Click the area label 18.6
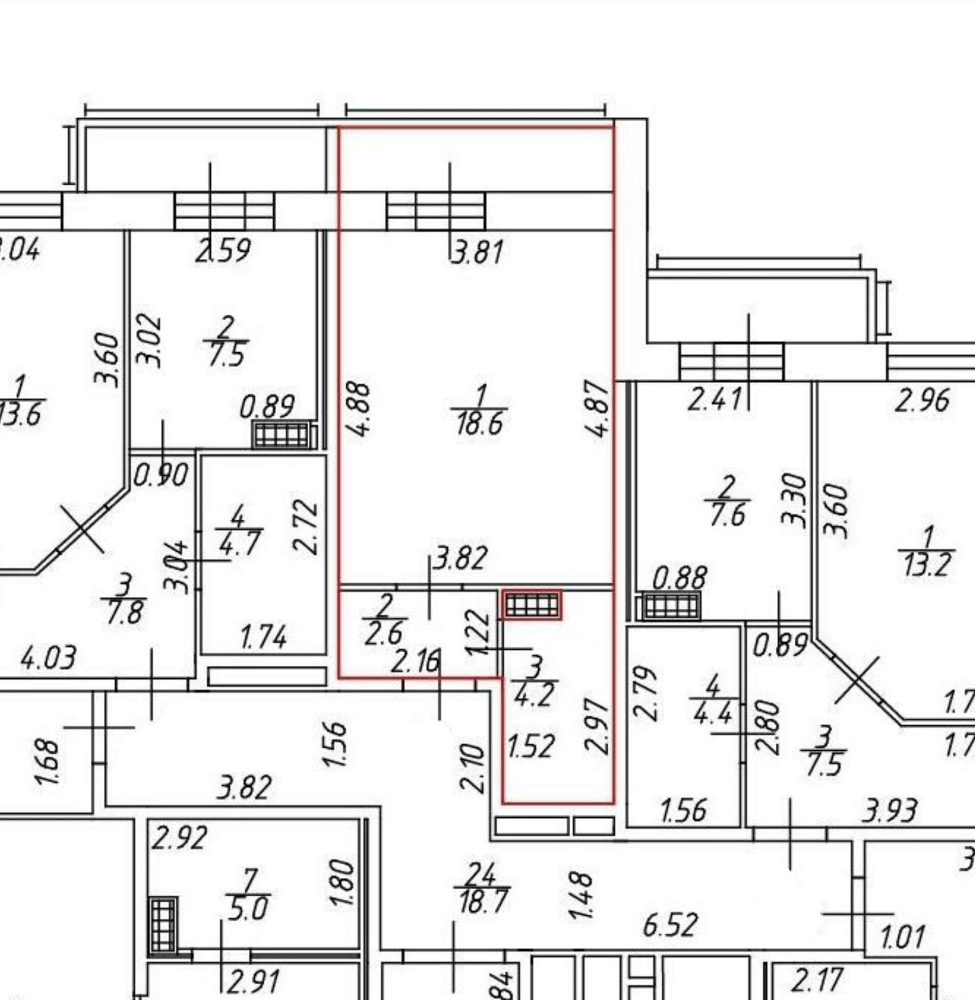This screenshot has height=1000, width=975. (479, 424)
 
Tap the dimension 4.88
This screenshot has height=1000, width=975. (359, 408)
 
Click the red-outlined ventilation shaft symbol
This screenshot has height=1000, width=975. (532, 606)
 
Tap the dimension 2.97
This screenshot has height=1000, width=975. (597, 728)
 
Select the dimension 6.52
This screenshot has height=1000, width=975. (670, 925)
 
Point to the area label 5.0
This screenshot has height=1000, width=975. (248, 910)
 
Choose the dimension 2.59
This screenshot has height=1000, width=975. (223, 251)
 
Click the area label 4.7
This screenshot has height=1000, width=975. (240, 544)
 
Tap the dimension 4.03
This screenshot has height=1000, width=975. (49, 658)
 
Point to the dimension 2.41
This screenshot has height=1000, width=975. (714, 399)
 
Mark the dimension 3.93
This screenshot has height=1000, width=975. (890, 811)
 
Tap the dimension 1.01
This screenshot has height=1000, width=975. (902, 937)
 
